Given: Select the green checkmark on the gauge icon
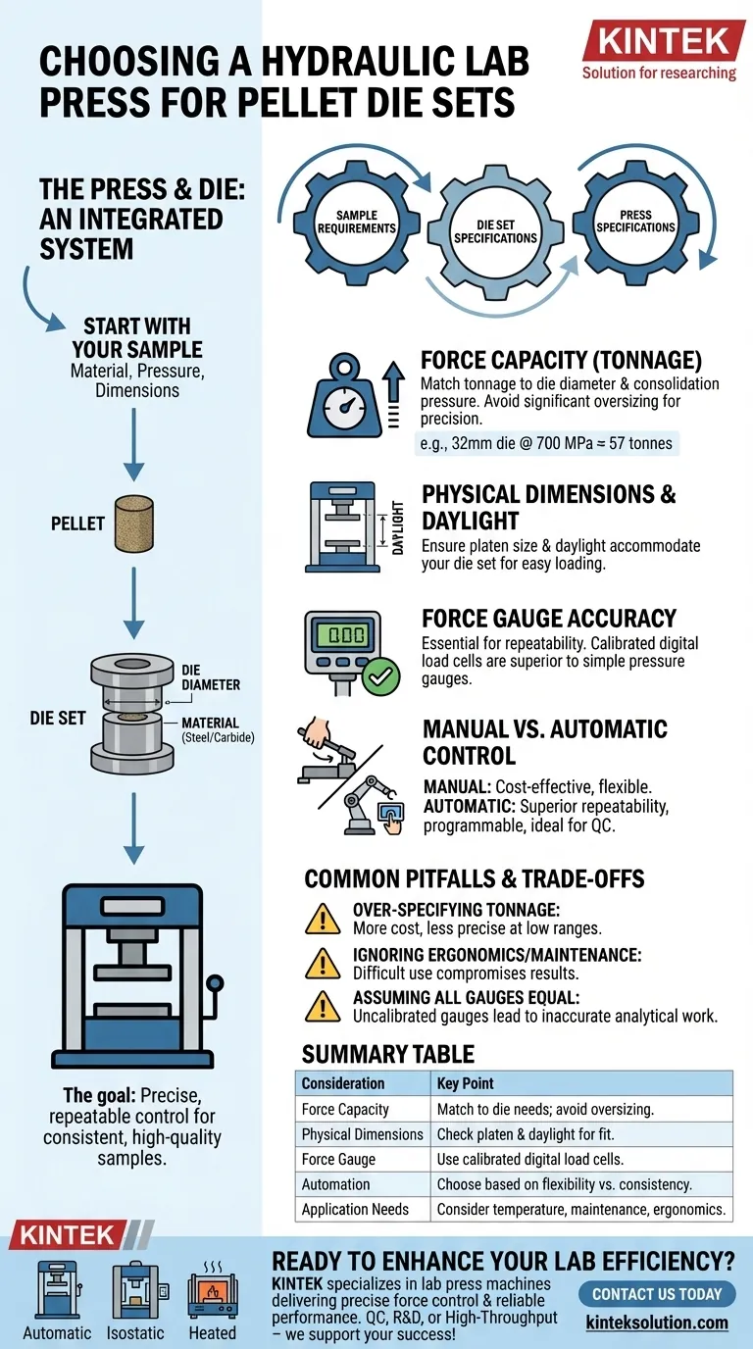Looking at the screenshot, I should [x=380, y=675].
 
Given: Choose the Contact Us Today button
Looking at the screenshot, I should [x=656, y=1294].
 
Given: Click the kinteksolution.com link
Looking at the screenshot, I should [x=660, y=1323].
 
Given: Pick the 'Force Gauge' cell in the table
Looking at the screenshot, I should [x=338, y=1159].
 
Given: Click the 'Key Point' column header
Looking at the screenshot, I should [x=467, y=1083].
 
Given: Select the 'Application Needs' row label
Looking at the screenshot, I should [x=355, y=1209].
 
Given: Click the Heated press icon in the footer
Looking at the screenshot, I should [x=213, y=1294].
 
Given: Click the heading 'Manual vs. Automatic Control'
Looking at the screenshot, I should [x=544, y=743].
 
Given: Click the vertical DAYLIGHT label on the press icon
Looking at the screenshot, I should [x=398, y=526].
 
